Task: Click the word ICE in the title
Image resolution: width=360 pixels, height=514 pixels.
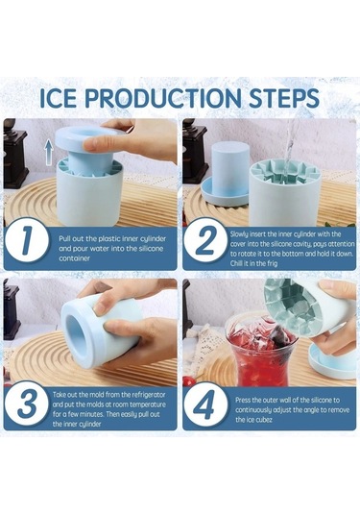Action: pos(57,98)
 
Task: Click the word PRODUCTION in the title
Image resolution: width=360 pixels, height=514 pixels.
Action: pos(162,98)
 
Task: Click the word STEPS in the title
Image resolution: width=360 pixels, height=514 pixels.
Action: pos(284,98)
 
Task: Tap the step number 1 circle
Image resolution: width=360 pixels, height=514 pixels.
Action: pos(27,243)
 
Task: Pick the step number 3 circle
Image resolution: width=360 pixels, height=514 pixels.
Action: pos(27,404)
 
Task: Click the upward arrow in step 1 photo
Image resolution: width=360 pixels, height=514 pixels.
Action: pos(49,152)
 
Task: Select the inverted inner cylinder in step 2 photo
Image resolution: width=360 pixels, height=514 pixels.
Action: pos(227,175)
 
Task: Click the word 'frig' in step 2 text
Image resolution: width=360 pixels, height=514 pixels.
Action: pos(272,263)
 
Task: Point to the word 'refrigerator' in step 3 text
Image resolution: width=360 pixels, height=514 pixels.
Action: pos(148,394)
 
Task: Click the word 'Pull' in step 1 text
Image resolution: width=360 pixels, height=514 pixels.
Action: pos(64,238)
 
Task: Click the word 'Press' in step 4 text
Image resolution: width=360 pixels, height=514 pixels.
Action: pos(243,400)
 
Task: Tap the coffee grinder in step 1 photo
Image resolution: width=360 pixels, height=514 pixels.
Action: pos(13,154)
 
